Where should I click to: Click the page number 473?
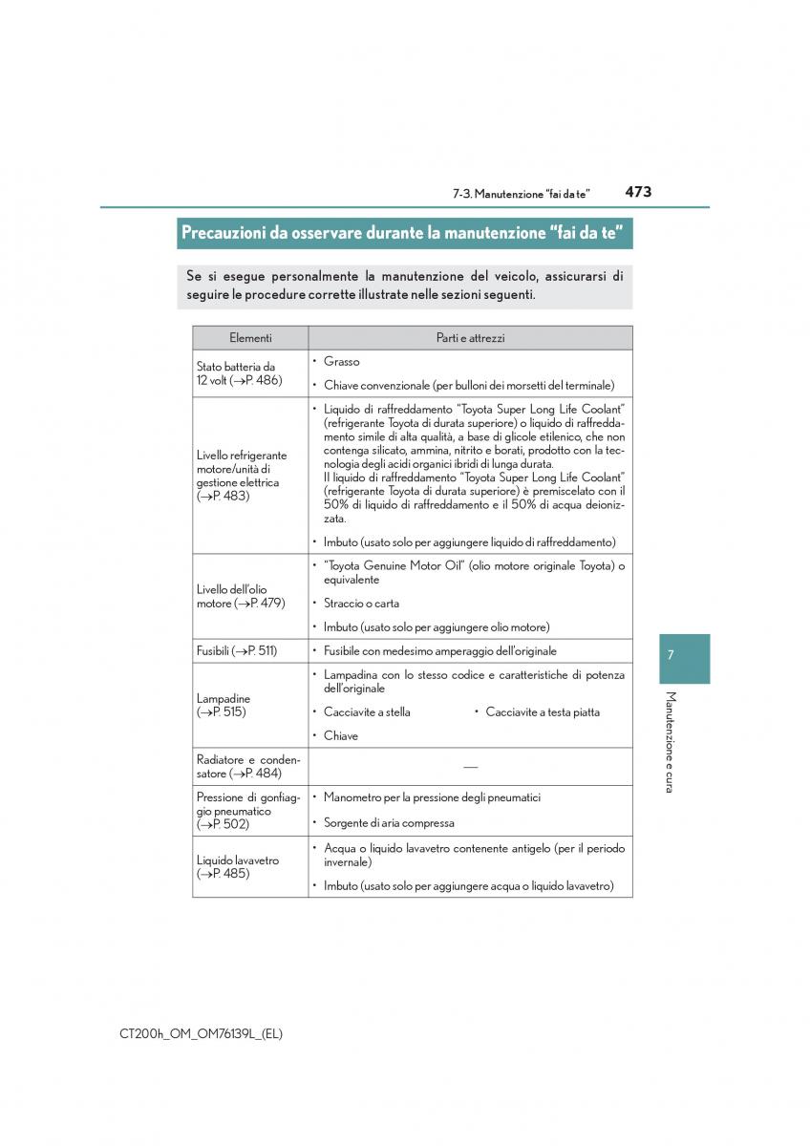(638, 192)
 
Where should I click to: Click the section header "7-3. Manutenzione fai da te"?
(521, 194)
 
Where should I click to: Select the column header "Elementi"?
(250, 338)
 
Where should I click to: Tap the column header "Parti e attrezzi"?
(470, 338)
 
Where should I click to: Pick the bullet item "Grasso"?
(341, 362)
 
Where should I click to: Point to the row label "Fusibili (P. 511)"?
(237, 651)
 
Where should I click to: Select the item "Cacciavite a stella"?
(367, 712)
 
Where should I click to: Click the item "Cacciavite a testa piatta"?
(543, 712)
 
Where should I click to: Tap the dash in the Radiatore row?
(470, 766)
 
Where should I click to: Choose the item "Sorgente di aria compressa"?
(389, 822)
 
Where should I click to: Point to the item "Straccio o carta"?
(361, 604)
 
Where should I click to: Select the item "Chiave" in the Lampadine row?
(341, 736)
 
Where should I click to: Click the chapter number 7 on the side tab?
(671, 655)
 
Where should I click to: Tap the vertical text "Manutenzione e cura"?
(671, 741)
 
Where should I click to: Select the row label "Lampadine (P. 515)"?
(224, 706)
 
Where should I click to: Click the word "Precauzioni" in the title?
(227, 233)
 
